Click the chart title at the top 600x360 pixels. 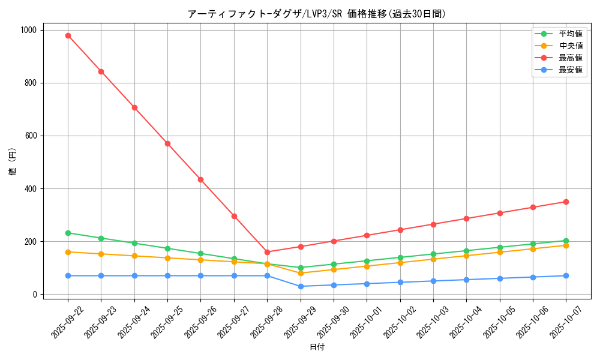pos(317,14)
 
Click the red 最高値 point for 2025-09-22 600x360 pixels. pos(68,35)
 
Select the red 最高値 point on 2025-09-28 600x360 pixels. pos(267,252)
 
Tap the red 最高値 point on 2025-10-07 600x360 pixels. pos(566,202)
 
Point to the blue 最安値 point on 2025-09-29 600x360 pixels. pos(301,286)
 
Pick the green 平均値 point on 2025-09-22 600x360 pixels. pos(68,233)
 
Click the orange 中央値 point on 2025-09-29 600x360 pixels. pos(301,273)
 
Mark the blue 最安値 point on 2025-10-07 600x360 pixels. pos(566,275)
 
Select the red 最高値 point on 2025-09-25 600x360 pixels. pos(167,143)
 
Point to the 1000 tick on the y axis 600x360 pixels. pos(29,30)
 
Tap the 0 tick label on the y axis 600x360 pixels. pos(35,295)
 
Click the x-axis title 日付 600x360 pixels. pos(317,347)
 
